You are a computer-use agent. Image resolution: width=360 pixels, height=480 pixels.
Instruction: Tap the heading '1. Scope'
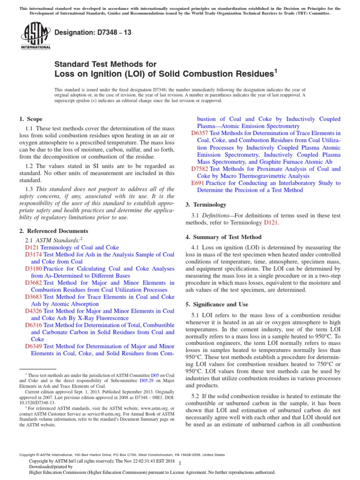[30, 120]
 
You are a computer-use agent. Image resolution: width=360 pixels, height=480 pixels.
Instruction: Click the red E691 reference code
[197, 183]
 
